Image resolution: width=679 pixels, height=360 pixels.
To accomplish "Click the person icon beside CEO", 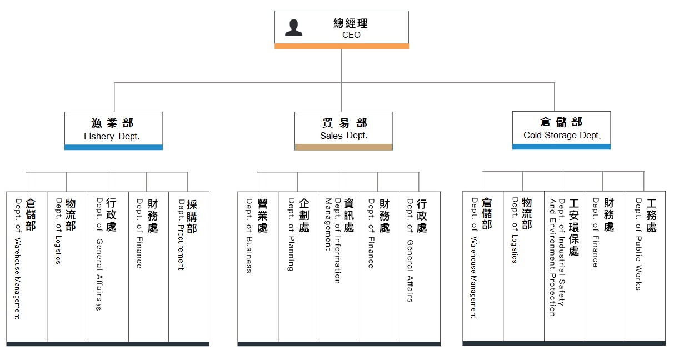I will (293, 28).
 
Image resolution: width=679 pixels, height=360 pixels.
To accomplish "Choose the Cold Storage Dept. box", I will (561, 128).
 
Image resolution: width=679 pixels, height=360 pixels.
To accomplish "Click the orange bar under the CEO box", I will (342, 46).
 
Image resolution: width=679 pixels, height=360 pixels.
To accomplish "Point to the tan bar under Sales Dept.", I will (343, 147).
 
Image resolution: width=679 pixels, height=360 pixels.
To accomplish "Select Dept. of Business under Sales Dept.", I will (258, 267).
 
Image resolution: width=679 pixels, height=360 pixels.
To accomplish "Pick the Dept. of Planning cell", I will (298, 267).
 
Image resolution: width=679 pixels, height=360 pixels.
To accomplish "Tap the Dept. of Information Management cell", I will (339, 267).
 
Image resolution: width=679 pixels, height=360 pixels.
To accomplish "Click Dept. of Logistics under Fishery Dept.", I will (67, 267).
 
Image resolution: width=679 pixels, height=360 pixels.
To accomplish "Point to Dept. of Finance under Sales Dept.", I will (380, 267).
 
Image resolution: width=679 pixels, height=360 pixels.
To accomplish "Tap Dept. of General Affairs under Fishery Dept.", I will (108, 267).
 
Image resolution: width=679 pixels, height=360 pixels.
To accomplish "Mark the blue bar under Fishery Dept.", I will (113, 147).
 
